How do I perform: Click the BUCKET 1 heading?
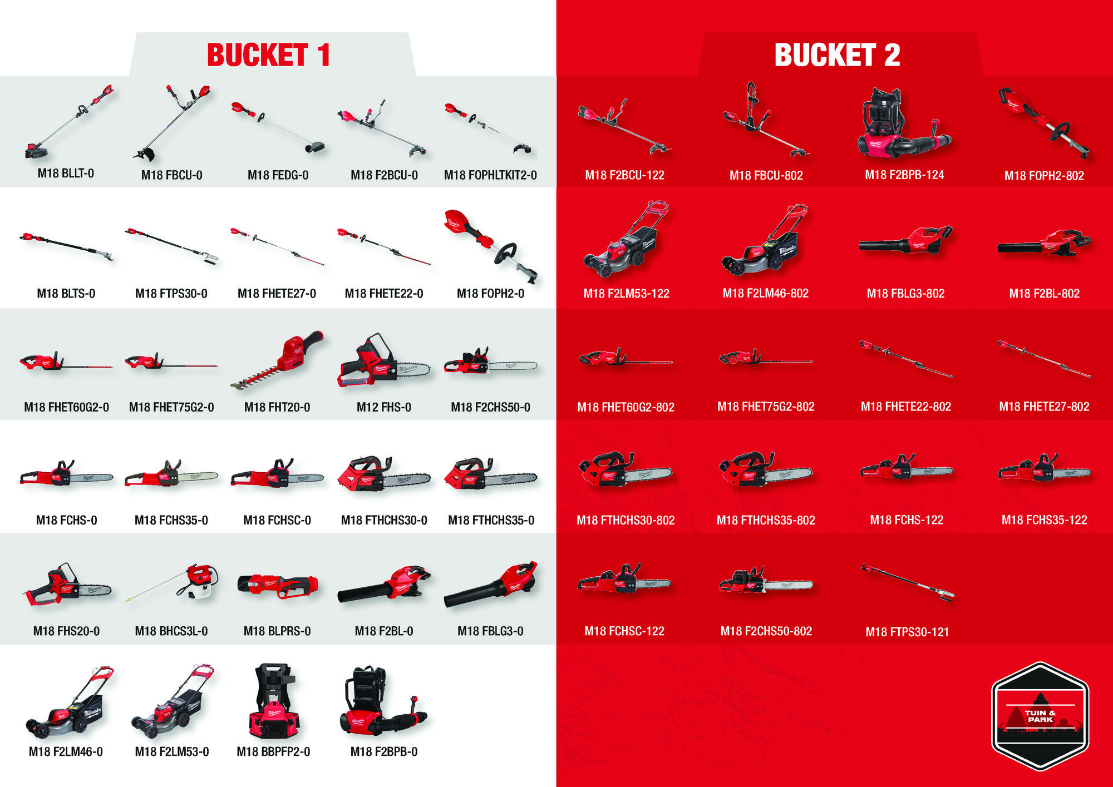click(268, 55)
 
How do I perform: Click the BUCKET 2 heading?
click(837, 55)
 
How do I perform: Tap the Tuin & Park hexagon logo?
click(1040, 716)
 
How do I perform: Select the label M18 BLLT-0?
click(66, 174)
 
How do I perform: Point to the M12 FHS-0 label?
click(384, 407)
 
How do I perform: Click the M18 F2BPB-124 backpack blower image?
click(904, 125)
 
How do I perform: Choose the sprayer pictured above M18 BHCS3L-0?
click(172, 583)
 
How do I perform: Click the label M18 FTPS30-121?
click(907, 632)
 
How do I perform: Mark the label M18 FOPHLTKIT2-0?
click(490, 175)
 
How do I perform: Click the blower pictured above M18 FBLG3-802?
click(905, 241)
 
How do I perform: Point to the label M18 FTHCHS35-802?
click(766, 521)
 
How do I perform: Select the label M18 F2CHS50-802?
click(766, 631)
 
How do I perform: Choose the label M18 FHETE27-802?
click(1044, 407)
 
